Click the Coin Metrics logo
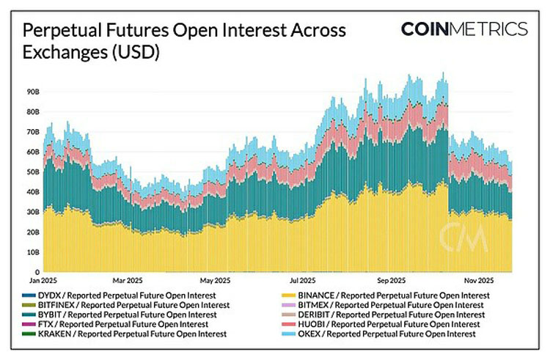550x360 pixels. pos(463,29)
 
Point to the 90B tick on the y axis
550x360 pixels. pos(33,92)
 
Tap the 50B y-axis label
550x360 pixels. pos(33,172)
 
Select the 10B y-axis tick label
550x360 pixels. pos(33,252)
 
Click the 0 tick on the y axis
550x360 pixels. pos(36,272)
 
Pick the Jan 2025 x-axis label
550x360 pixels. pos(43,280)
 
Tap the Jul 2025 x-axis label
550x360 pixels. pos(302,280)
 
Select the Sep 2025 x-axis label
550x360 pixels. pos(392,280)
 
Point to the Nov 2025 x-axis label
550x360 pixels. pos(478,280)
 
